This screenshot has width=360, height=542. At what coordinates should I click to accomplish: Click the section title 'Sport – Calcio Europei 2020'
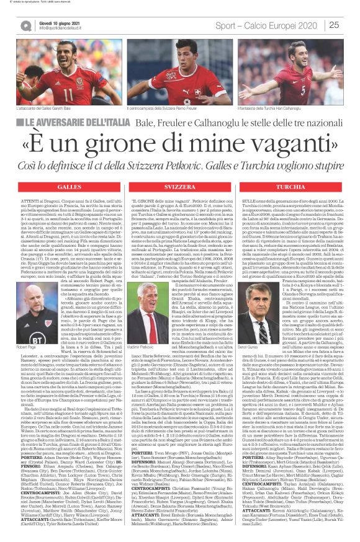coord(279,25)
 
